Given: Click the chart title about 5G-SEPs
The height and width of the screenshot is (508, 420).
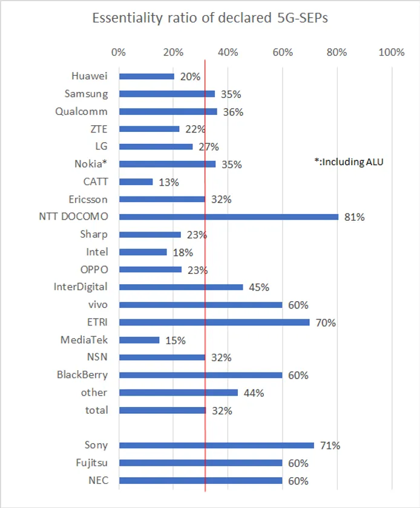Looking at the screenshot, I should point(210,18).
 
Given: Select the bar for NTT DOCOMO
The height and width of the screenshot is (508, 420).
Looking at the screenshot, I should point(229,217).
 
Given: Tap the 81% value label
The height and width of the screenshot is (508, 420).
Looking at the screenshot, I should point(355,217).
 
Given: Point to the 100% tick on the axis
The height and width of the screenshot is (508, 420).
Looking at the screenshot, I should point(391,52).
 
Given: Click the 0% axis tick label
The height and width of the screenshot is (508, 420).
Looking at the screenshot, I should point(119,52).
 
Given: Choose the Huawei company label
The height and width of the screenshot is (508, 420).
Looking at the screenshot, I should point(89,76).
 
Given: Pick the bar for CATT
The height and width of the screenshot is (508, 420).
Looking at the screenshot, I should point(136,181).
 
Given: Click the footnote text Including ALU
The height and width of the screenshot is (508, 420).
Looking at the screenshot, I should point(349,161).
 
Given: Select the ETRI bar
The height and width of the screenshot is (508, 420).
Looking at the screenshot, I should point(214,322).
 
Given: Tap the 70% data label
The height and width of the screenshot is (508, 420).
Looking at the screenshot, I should point(326,323).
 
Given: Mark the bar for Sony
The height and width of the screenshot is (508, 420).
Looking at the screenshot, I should point(217,445).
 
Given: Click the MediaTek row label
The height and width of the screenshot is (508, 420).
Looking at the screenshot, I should point(84,340).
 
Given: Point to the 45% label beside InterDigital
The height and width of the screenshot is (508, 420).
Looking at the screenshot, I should point(258,288).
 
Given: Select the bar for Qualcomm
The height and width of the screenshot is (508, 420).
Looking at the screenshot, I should point(168,111).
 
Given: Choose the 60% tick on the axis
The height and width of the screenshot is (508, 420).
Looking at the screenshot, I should point(283,52).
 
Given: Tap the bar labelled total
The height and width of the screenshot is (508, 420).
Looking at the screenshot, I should point(162,410).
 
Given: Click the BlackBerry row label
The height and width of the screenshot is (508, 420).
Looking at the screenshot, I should point(82,375).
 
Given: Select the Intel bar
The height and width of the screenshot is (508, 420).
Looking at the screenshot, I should point(143,252).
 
